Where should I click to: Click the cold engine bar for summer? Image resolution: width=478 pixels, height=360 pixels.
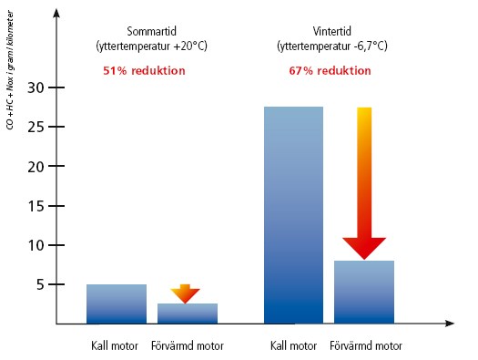click(116, 303)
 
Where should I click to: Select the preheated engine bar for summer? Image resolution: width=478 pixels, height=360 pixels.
click(187, 313)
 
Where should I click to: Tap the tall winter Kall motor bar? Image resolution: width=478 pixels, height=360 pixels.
click(293, 215)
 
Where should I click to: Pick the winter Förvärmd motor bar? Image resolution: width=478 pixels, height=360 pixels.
click(364, 292)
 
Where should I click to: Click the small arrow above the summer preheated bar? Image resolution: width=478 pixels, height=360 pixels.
click(185, 293)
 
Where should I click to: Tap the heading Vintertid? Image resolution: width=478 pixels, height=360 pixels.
click(330, 30)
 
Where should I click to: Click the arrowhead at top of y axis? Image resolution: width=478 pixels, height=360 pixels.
click(56, 13)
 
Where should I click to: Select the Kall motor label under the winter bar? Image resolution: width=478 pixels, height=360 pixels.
click(293, 346)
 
